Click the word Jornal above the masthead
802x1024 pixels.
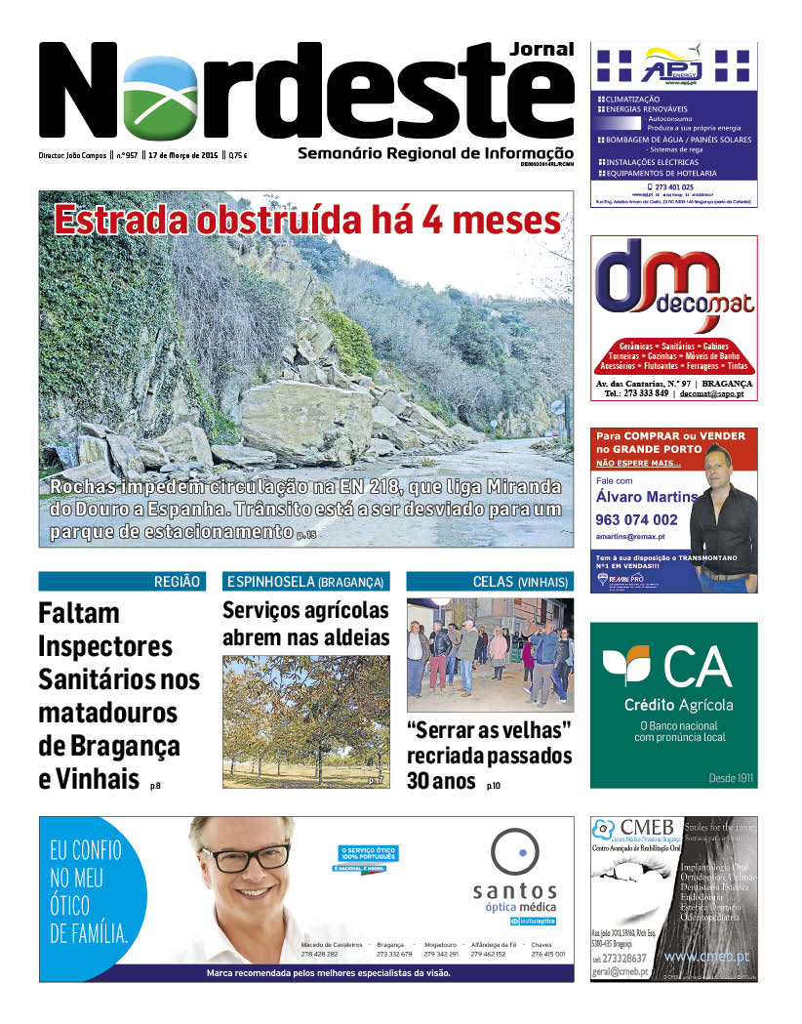[x=541, y=49]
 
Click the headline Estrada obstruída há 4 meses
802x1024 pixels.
[x=307, y=219]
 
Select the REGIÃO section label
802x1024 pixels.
[x=177, y=582]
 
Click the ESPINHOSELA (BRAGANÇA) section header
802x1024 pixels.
[x=306, y=582]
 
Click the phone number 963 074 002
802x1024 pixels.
[x=635, y=520]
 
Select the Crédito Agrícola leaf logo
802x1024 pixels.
[x=625, y=667]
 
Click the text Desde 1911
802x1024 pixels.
[x=732, y=778]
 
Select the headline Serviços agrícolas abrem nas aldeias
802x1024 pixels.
[x=305, y=624]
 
